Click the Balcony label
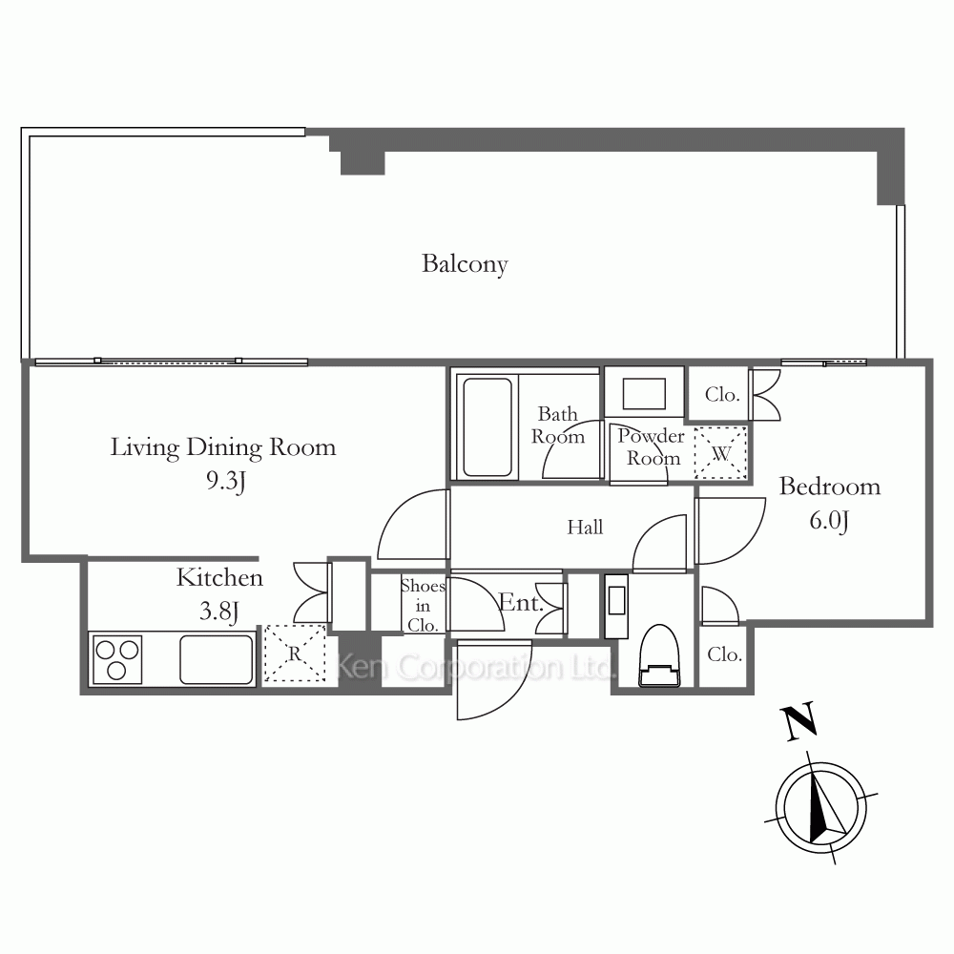[465, 264]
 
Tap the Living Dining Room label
[222, 447]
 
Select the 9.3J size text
[226, 481]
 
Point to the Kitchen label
[219, 577]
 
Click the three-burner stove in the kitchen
[116, 659]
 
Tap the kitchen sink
[217, 659]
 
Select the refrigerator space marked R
[295, 653]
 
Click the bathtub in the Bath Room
[487, 427]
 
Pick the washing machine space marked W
[720, 452]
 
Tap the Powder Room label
[652, 446]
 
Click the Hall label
[585, 527]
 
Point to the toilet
[659, 655]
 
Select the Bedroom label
[830, 487]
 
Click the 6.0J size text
[829, 521]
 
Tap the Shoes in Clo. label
[423, 606]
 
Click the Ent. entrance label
[521, 602]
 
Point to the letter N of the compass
[799, 721]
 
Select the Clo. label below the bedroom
[724, 654]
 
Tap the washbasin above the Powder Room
[644, 394]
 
